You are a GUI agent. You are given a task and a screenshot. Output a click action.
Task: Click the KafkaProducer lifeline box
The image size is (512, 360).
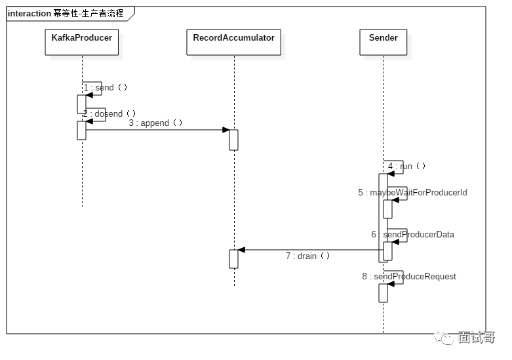(82, 42)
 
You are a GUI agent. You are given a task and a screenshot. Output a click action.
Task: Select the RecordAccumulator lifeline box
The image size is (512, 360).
(234, 42)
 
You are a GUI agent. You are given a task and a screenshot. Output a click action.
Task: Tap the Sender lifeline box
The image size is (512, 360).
(384, 42)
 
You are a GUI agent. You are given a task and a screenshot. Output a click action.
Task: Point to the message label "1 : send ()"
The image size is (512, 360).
(105, 88)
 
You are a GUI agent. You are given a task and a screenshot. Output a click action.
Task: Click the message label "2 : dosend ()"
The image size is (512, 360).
(109, 113)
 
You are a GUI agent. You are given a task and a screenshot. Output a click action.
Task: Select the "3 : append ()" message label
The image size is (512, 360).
(155, 123)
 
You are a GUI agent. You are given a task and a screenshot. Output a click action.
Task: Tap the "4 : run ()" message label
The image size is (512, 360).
(406, 166)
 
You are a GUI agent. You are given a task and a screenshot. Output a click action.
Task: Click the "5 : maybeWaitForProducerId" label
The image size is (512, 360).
(412, 192)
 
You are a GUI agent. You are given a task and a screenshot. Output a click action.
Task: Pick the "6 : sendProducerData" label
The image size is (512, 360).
(413, 234)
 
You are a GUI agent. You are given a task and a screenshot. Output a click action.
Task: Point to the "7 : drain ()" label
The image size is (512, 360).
(307, 256)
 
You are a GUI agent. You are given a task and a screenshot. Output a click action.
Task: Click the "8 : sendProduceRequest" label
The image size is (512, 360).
(409, 276)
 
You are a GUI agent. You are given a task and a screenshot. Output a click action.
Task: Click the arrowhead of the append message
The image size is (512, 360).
(226, 130)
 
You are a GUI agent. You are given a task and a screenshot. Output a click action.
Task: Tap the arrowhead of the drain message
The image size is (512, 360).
(241, 250)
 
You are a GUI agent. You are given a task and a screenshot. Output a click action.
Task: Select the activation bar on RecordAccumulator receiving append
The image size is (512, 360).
(234, 140)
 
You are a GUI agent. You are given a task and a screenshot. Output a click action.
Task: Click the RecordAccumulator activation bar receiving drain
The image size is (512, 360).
(234, 259)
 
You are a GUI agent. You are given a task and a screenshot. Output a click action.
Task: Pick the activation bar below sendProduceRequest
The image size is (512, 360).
(383, 293)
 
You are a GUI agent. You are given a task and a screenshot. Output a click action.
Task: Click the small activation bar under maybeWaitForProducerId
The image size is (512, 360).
(387, 209)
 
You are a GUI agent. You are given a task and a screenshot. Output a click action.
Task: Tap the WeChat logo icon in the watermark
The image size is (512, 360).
(443, 337)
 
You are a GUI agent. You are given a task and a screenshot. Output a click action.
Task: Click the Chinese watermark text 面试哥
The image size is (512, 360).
(477, 338)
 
